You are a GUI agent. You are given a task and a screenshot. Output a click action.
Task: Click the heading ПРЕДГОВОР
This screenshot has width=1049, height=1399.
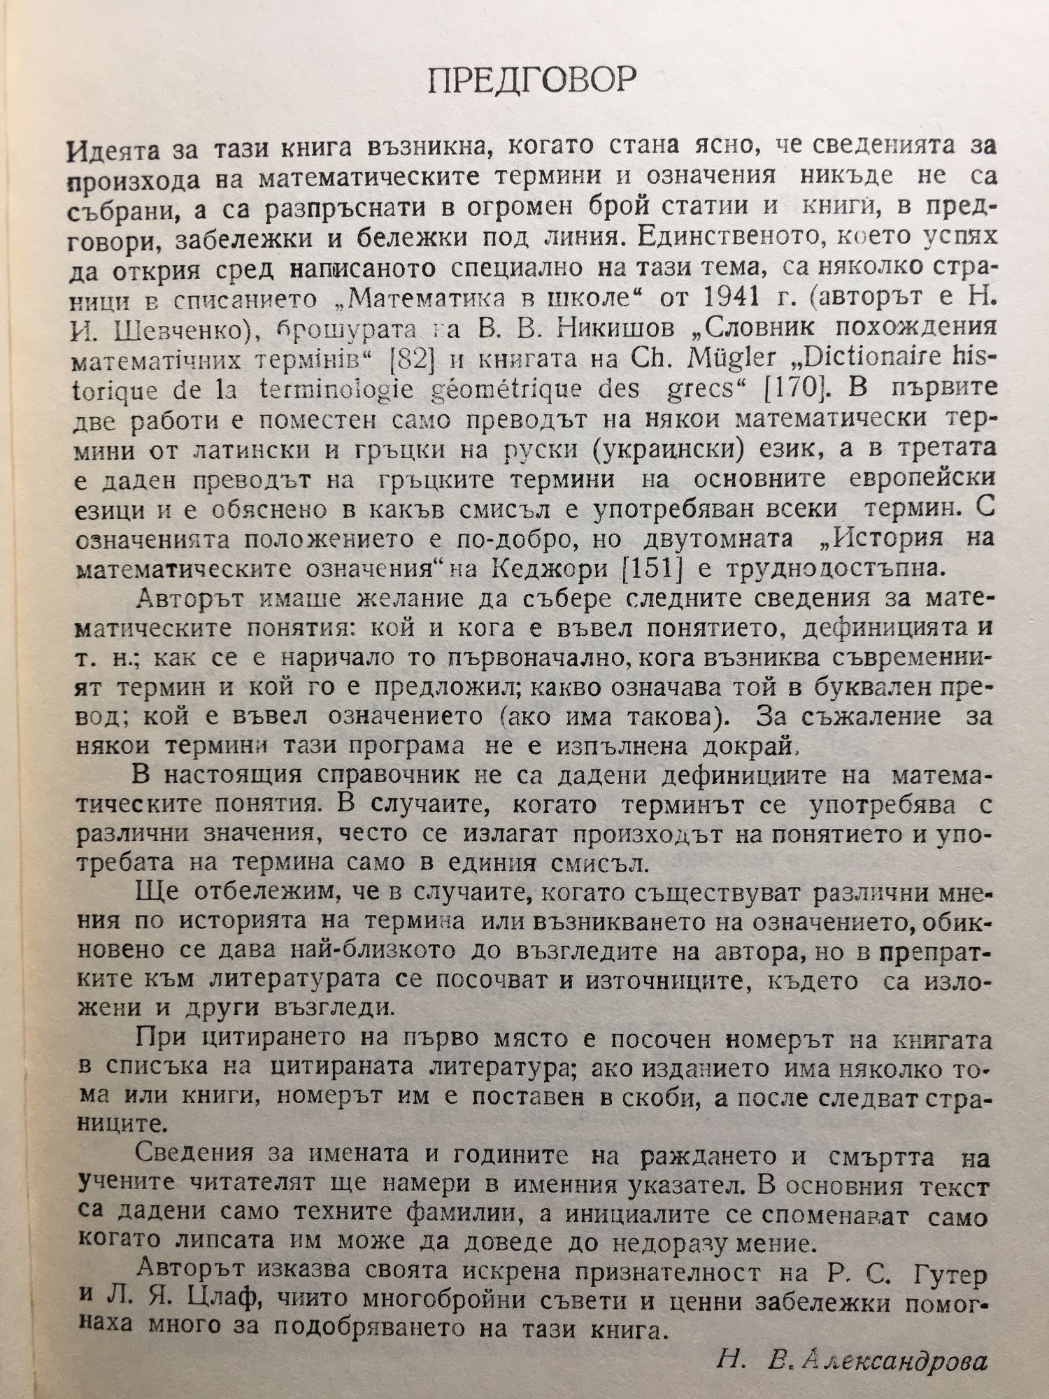coord(531,82)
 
